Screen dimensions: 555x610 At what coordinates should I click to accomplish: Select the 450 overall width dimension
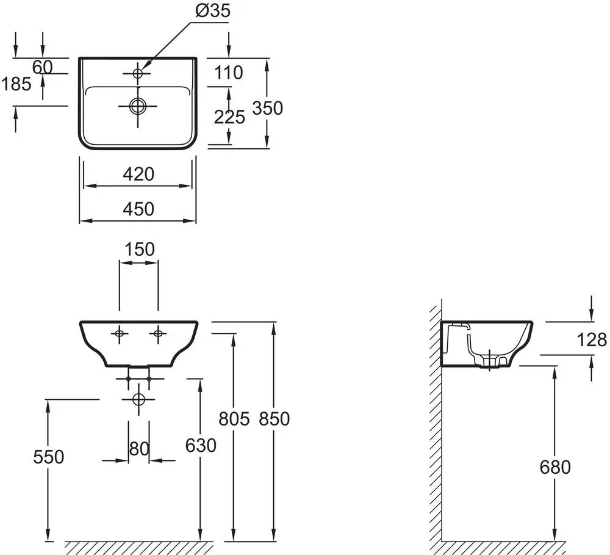point(138,209)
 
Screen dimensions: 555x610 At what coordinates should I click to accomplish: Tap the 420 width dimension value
point(138,175)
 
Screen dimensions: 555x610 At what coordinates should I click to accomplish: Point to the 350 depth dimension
point(268,108)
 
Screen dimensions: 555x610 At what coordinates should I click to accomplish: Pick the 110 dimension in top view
point(229,73)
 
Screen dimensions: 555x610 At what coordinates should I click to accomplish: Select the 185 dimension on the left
point(16,84)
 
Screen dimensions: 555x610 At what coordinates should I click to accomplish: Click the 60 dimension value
point(43,67)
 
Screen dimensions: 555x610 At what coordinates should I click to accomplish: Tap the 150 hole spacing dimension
point(140,249)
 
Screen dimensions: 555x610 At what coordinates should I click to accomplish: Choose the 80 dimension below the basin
point(139,449)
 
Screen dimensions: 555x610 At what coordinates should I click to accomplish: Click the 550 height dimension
point(48,457)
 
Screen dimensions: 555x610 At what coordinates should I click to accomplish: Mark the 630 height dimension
point(201,446)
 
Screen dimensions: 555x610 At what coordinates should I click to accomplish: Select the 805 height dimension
point(234,419)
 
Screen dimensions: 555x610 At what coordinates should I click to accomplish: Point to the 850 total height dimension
point(274,419)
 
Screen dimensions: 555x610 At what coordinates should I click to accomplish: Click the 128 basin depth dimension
point(591,340)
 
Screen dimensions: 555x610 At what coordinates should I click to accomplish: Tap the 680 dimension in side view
point(555,468)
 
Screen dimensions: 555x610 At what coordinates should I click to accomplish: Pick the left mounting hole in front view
point(120,333)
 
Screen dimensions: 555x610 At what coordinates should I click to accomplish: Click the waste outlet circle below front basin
point(138,399)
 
